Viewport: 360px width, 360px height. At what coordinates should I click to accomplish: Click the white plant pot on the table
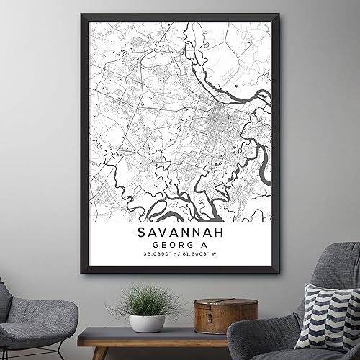(147, 323)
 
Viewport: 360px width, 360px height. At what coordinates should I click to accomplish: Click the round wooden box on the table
(215, 317)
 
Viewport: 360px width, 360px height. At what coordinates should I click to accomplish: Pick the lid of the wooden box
(215, 305)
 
